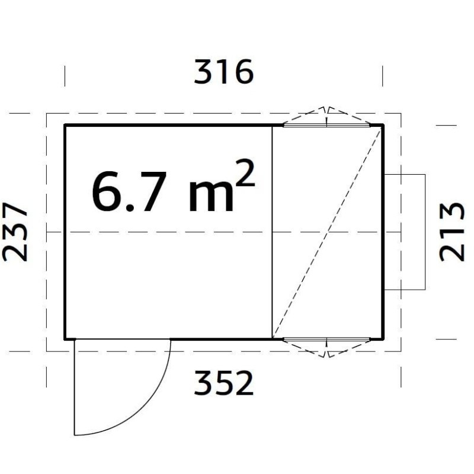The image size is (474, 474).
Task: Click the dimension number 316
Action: click(224, 72)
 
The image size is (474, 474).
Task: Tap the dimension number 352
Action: click(224, 383)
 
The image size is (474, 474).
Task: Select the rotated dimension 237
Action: click(15, 232)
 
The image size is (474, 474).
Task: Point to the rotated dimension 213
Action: click(451, 232)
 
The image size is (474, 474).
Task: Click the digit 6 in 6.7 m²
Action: click(106, 191)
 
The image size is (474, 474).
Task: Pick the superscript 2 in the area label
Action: click(245, 172)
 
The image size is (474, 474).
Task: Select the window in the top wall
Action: click(326, 125)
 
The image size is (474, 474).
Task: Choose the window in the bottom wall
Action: click(326, 339)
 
